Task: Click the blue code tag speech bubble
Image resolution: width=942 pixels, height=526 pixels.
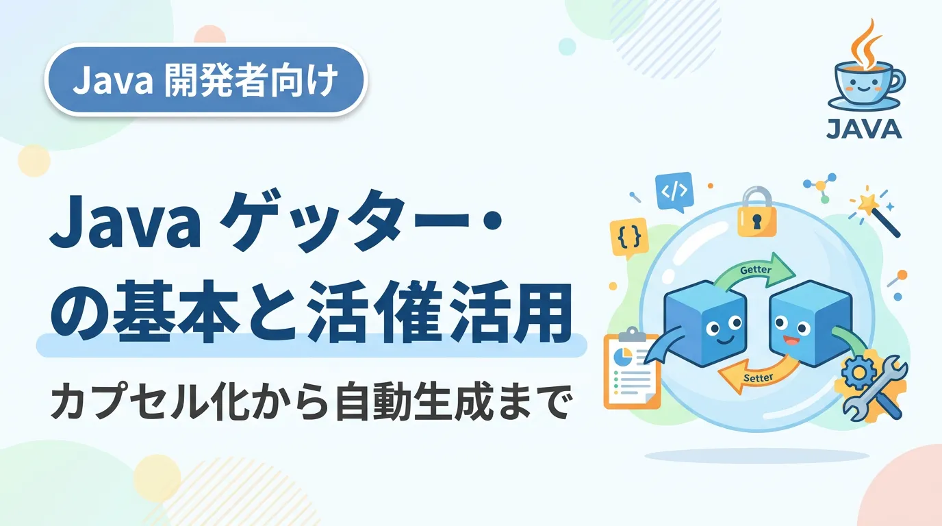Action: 674,192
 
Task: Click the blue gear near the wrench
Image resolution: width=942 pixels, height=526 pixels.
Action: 858,372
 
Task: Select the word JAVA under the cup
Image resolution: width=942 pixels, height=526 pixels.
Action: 864,129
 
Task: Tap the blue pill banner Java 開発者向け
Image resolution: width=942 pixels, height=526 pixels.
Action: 206,79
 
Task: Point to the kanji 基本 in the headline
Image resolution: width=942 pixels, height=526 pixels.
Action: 176,312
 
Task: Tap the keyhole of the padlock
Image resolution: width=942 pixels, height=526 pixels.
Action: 757,221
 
